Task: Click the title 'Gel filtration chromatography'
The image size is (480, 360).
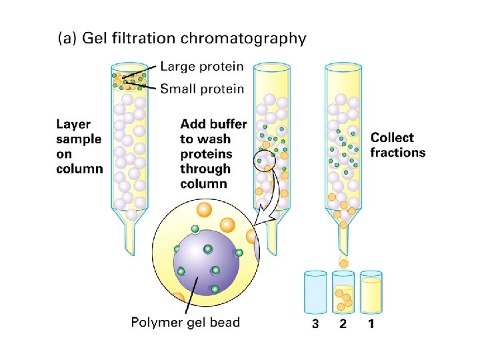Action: click(x=193, y=38)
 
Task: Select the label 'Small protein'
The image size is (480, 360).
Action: click(x=202, y=88)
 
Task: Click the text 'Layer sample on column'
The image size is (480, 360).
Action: click(x=79, y=146)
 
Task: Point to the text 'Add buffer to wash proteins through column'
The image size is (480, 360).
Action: click(x=213, y=154)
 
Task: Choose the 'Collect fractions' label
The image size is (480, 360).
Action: click(x=398, y=145)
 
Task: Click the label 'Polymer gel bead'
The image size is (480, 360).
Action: click(x=185, y=323)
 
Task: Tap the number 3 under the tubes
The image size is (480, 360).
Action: click(x=315, y=325)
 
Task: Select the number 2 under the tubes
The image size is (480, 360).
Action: click(x=342, y=325)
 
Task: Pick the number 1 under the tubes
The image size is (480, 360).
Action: click(x=371, y=325)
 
